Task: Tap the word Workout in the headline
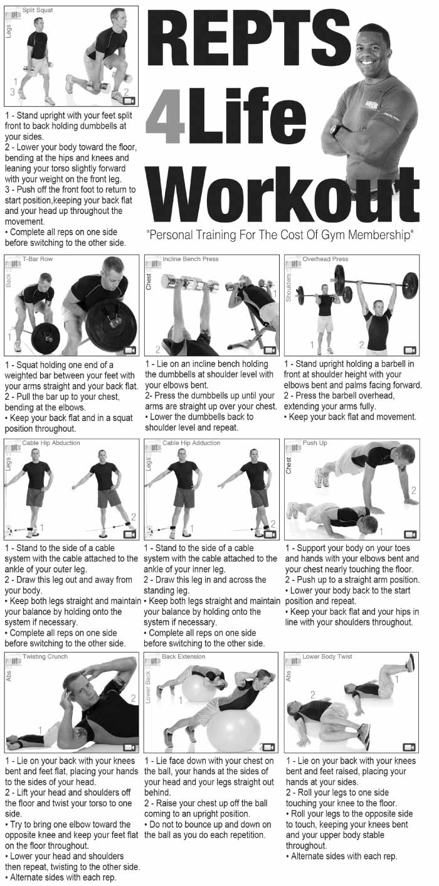point(283,195)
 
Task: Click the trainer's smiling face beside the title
point(371,50)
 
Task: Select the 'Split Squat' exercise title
point(37,10)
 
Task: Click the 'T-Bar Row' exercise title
point(37,259)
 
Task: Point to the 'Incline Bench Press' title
point(190,259)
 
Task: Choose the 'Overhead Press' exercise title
point(325,259)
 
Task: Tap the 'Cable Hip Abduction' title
point(51,442)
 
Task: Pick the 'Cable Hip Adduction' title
point(191,442)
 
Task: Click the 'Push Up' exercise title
point(315,442)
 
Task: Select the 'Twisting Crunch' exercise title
point(45,656)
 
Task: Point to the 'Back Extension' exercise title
point(184,656)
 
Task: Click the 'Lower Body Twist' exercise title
point(327,656)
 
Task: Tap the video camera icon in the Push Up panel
point(410,535)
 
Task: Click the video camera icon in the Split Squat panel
point(129,100)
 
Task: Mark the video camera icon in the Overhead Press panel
point(410,350)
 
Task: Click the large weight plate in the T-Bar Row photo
point(112,323)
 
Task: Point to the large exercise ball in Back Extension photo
point(233,727)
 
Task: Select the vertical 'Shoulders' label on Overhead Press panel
point(288,287)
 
